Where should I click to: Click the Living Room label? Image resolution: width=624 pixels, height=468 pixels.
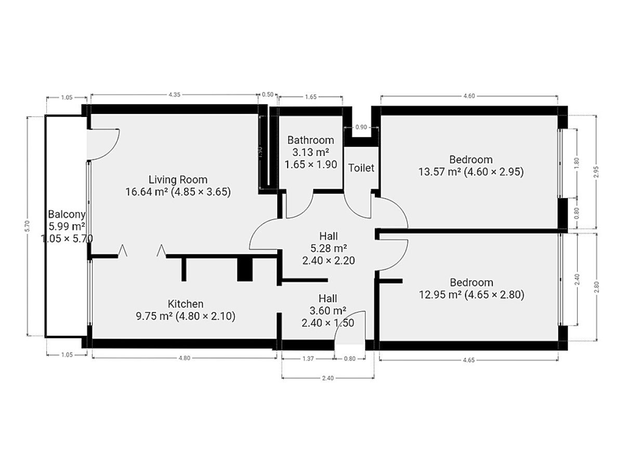pos(178,179)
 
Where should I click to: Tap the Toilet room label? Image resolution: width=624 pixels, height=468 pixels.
pos(361,168)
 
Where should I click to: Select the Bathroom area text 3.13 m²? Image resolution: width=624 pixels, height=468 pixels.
pos(311,152)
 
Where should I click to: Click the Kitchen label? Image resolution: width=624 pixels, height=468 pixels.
pos(185,304)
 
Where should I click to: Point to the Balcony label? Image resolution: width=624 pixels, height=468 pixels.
pos(67,214)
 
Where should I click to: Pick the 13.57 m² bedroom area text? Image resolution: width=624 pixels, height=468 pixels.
pos(439,172)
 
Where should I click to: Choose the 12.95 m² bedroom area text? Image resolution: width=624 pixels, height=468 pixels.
pos(440,295)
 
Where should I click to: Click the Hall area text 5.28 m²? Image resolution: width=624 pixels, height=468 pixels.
pos(328,249)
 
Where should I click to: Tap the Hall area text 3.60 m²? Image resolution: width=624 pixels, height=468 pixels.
pos(328,310)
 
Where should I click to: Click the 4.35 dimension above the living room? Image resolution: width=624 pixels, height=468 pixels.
pos(174,95)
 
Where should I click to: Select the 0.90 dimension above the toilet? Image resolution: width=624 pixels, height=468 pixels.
pos(361,127)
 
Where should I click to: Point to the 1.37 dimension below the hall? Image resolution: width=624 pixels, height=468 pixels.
pos(308,359)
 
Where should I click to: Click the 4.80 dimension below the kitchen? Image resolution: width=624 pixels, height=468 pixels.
pos(184,358)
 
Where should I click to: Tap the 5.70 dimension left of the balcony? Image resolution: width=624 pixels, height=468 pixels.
pos(27,226)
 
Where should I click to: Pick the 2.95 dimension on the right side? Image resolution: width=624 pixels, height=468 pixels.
pos(596,172)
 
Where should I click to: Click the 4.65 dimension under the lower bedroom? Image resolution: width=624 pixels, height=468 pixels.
pos(469,360)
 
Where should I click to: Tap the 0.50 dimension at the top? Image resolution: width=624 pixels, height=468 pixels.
pos(267,94)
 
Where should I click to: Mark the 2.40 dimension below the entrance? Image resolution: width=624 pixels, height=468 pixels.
pos(328,378)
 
